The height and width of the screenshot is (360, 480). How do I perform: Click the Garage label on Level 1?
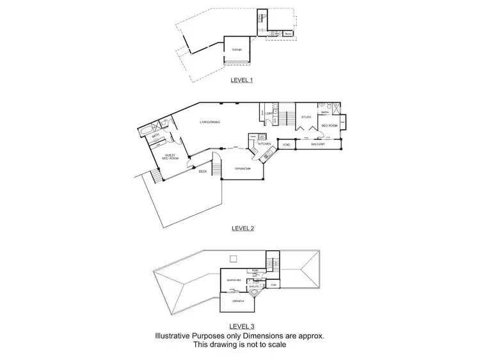236,49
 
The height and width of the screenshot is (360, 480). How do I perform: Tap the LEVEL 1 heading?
242,81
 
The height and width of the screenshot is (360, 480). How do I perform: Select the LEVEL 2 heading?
243,228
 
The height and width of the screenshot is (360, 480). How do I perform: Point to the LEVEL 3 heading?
243,327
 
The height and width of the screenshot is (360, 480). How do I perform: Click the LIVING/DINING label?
210,121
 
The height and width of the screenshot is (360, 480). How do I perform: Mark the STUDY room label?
307,117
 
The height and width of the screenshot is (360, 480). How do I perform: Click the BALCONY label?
319,145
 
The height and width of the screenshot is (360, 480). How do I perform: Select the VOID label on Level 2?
285,145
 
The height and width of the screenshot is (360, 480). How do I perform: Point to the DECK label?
202,171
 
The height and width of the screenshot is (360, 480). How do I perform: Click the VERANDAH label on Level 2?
242,169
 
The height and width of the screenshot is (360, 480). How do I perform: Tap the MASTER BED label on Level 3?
234,280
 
